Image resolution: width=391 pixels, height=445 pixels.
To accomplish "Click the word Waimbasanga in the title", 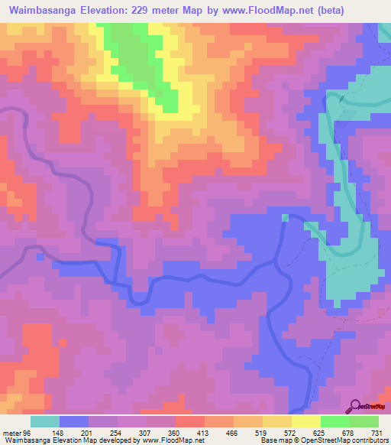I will pyautogui.click(x=45, y=11).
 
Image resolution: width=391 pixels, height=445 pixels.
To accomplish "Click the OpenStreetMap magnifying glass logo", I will pyautogui.click(x=356, y=406).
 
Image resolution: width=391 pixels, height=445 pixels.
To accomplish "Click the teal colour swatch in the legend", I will pyautogui.click(x=45, y=421).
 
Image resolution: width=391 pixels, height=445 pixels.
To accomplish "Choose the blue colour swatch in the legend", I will pyautogui.click(x=74, y=421).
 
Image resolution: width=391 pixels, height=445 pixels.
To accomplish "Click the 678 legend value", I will pyautogui.click(x=347, y=433).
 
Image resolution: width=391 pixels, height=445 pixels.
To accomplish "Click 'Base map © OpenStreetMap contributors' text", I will pyautogui.click(x=324, y=440).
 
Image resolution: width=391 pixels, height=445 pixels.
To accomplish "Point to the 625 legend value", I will pyautogui.click(x=315, y=433).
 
